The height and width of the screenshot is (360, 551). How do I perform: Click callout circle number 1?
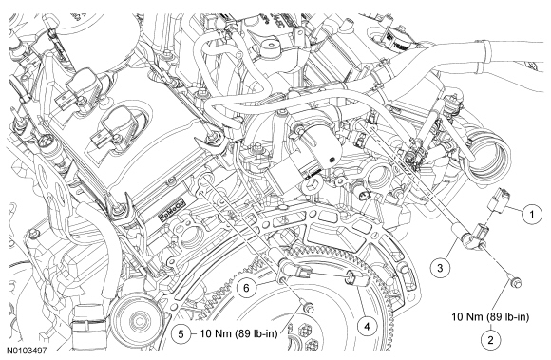coord(532,214)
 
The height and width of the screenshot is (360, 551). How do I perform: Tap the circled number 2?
coord(490,340)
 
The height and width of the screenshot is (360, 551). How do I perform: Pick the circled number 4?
coord(367,327)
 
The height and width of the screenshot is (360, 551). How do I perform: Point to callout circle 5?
coord(180,333)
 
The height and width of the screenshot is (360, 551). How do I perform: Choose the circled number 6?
coord(246,288)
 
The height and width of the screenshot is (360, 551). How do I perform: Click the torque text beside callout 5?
coord(239,333)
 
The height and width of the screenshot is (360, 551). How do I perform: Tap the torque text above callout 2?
coord(490,317)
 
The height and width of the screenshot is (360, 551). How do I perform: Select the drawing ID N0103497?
coord(27,351)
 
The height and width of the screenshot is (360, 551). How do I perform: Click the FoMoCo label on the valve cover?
coord(173,210)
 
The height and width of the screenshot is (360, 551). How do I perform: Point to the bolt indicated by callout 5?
coord(308,307)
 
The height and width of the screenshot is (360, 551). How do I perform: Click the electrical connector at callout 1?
coord(500,200)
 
